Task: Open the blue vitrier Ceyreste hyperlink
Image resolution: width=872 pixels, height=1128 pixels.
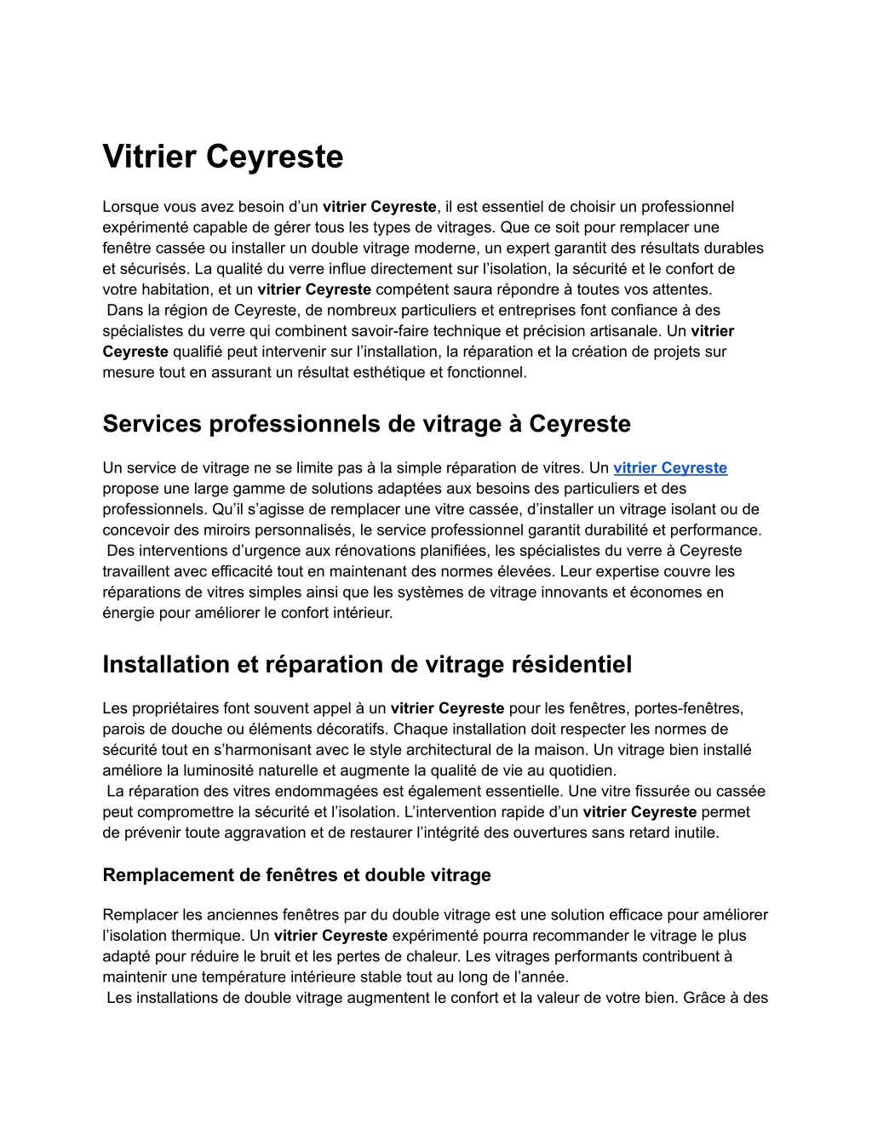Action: point(670,468)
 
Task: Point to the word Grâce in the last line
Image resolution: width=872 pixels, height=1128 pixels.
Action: point(702,999)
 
